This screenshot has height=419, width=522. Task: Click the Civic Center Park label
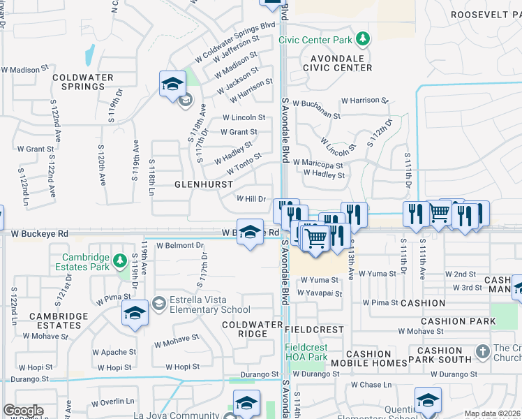316,40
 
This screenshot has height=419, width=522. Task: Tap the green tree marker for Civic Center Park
362,38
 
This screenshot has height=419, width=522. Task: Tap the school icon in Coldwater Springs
172,84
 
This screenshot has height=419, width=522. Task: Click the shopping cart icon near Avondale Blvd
316,237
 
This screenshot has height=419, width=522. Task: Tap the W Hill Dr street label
252,198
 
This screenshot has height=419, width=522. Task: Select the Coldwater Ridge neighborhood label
244,329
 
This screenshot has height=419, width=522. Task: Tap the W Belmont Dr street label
179,246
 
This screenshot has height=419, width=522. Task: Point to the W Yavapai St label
321,294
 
